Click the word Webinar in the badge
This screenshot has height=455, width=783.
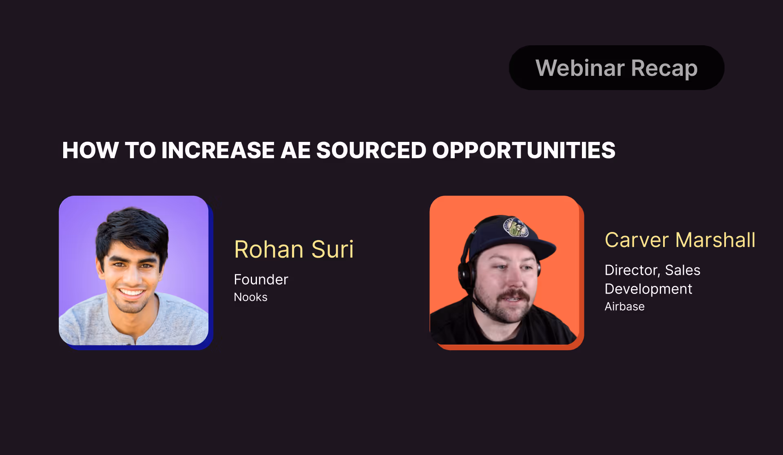(x=580, y=68)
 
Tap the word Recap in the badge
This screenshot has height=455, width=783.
(x=664, y=68)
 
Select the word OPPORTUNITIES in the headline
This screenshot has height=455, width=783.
(x=524, y=150)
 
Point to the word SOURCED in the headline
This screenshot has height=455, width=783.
(x=371, y=150)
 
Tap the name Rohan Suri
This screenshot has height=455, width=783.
(x=294, y=249)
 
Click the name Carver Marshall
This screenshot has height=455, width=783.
(x=680, y=240)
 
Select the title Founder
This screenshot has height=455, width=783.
(x=261, y=280)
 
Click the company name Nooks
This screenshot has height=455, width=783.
(x=250, y=297)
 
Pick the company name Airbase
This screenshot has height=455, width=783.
(x=624, y=307)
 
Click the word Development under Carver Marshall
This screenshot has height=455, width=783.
(x=648, y=289)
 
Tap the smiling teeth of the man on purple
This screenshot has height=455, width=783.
(x=132, y=292)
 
